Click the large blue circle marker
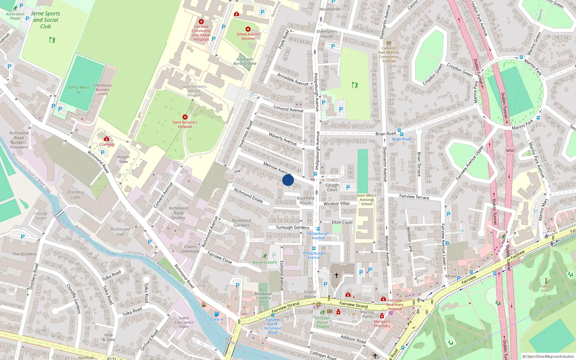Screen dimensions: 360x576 [x=288, y=180]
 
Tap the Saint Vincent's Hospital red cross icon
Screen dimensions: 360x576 [x=185, y=117]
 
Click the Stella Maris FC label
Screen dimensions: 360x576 [x=79, y=90]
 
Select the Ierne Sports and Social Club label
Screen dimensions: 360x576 [x=46, y=20]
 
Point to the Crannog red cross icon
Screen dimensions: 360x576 [x=107, y=139]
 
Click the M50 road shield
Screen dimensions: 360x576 [x=510, y=150]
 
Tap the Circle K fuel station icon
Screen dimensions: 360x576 [x=217, y=314]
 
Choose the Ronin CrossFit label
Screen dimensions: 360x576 [x=265, y=262]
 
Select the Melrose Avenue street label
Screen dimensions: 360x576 [x=277, y=168]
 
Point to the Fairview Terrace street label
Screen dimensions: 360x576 [x=414, y=197]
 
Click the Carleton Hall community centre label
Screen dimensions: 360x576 [x=388, y=54]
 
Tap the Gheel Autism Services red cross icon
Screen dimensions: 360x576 [x=248, y=29]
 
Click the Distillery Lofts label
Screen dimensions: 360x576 [x=76, y=195]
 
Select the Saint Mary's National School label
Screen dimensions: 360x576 [x=366, y=200]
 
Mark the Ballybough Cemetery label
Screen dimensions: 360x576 [x=264, y=296]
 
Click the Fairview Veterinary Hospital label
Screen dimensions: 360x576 [x=395, y=305]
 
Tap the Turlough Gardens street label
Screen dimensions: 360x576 [x=292, y=228]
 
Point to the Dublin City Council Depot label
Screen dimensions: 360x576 [x=184, y=322]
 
